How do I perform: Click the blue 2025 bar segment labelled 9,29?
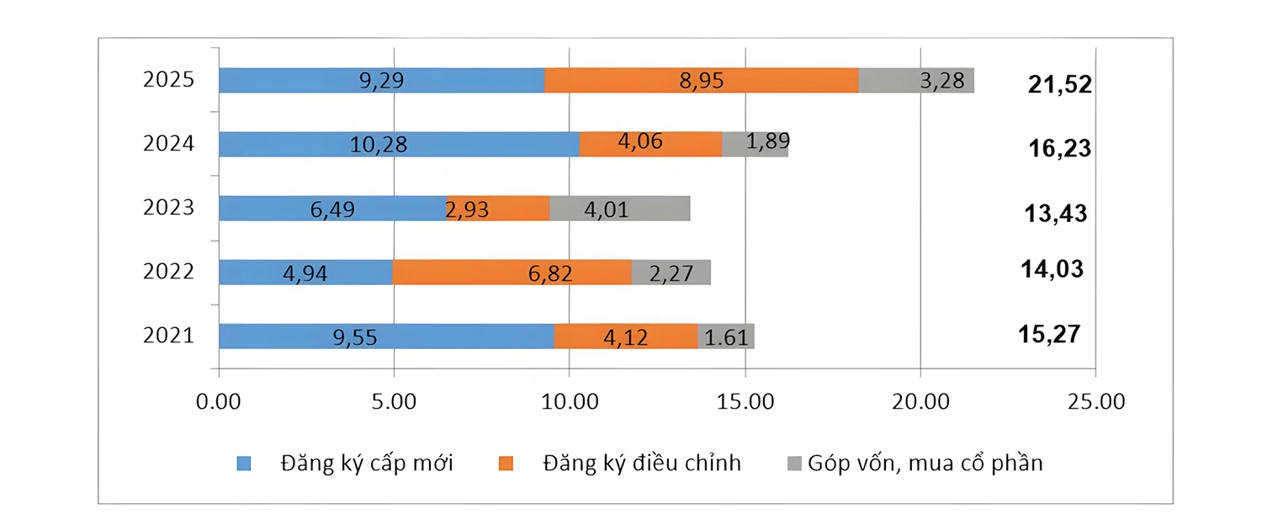point(381,81)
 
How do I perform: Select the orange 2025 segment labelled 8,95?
point(701,81)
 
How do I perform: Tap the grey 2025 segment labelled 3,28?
point(916,81)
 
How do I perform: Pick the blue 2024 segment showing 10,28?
point(399,144)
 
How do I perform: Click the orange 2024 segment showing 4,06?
point(650,144)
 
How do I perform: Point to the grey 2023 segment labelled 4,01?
point(619,209)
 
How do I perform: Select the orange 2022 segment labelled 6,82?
point(512,273)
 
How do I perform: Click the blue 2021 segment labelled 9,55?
point(386,337)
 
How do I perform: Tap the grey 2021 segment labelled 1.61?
point(725,337)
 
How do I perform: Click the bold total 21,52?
point(1059,84)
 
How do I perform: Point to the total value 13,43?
point(1056,214)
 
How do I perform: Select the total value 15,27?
point(1048,333)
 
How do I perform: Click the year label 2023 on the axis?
point(169,207)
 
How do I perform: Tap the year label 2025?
point(169,80)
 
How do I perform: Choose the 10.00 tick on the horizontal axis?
point(570,401)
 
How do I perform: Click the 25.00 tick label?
point(1095,401)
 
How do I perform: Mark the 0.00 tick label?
point(219,401)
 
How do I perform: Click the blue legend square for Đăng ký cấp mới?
point(244,463)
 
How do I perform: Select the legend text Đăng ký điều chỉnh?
point(642,463)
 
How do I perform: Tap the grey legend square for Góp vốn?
point(792,463)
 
